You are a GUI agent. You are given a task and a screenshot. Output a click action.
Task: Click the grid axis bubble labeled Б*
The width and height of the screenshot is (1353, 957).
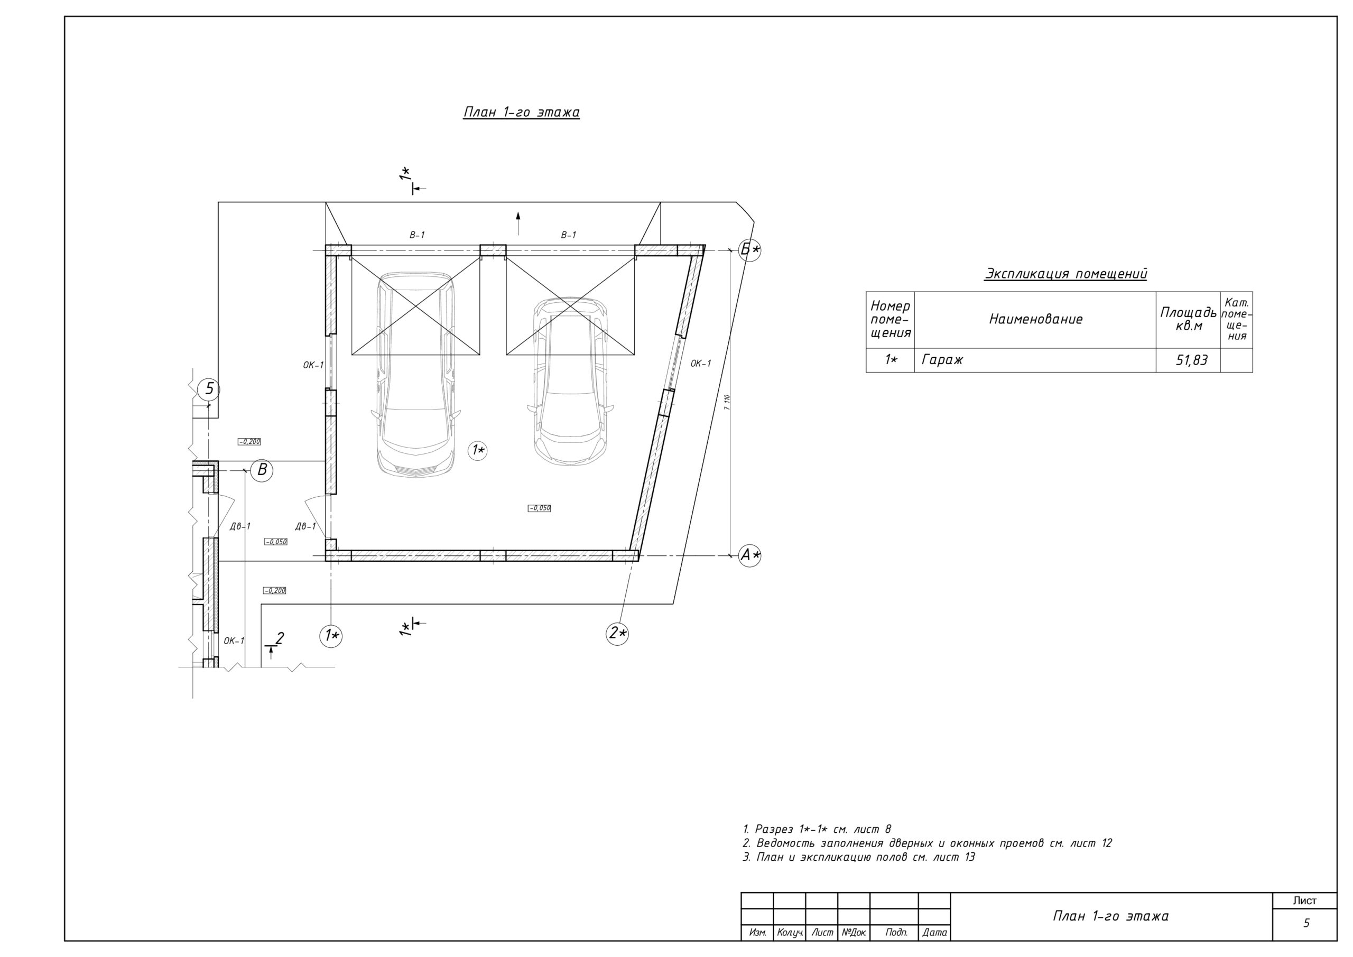(749, 250)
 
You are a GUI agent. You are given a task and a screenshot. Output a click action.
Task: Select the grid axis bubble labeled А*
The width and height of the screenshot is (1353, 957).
(749, 555)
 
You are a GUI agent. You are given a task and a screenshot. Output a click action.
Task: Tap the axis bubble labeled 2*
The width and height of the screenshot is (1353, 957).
(618, 634)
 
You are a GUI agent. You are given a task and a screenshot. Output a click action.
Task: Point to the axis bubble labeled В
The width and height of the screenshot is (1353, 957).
(262, 470)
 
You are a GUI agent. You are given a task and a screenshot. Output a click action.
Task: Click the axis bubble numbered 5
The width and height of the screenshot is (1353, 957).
(209, 389)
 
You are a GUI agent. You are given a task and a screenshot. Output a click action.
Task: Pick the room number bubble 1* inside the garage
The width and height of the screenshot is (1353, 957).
(477, 451)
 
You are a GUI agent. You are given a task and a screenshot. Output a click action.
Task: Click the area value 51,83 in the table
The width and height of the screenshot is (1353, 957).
(1191, 360)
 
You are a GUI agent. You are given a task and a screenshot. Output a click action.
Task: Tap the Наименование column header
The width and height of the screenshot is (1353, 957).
(1035, 319)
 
